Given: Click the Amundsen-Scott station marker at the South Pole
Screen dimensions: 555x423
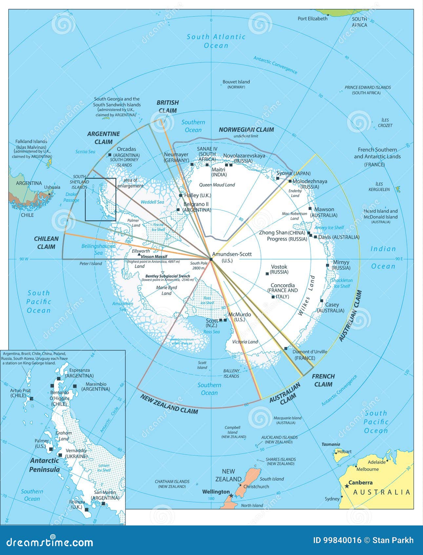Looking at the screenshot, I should pyautogui.click(x=211, y=259).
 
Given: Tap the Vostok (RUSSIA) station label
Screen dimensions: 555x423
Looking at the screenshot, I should pyautogui.click(x=279, y=269).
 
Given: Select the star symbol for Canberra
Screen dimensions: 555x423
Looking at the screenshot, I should pyautogui.click(x=346, y=486).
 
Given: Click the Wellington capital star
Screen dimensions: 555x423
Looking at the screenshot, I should pyautogui.click(x=231, y=496).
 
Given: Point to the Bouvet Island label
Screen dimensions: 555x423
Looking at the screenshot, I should pyautogui.click(x=236, y=82).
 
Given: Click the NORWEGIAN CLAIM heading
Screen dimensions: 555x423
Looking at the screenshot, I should pyautogui.click(x=246, y=130).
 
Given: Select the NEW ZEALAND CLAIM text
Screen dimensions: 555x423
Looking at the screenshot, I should pyautogui.click(x=169, y=404).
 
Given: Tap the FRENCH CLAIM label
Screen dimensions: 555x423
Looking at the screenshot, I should pyautogui.click(x=323, y=380).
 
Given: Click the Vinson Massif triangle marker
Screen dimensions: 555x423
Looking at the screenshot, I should pyautogui.click(x=139, y=255).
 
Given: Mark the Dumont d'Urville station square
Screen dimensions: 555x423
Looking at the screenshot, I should pyautogui.click(x=286, y=348).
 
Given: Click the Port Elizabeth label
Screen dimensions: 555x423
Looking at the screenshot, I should pyautogui.click(x=312, y=19).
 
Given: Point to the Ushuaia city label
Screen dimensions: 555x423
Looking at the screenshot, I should pyautogui.click(x=52, y=187).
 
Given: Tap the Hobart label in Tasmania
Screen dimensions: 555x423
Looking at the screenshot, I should pyautogui.click(x=344, y=452).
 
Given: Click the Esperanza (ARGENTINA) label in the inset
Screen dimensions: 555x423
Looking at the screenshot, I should pyautogui.click(x=79, y=373).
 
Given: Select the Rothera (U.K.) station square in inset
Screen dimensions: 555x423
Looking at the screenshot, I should pyautogui.click(x=87, y=510).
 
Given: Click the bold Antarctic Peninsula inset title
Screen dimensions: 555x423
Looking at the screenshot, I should pyautogui.click(x=45, y=465).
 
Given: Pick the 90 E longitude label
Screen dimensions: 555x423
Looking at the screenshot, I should pyautogui.click(x=399, y=259).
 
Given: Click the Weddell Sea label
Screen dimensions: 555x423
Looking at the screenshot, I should pyautogui.click(x=152, y=202).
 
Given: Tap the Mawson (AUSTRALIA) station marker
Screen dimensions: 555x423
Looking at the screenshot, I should pyautogui.click(x=310, y=208).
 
